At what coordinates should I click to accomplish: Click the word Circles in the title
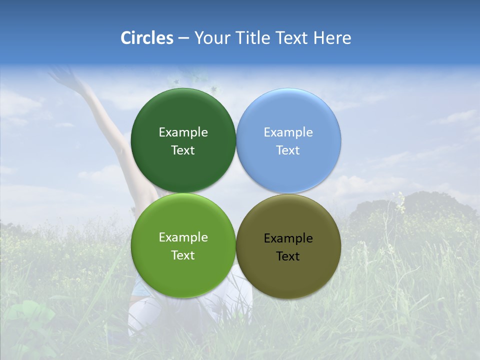coord(147,38)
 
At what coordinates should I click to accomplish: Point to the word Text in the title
coord(293,38)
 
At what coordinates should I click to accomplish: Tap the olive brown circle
coord(288,275)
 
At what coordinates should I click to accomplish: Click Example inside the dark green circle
coord(183,132)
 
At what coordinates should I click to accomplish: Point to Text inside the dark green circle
coord(183,150)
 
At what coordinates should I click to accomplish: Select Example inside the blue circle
coord(288,132)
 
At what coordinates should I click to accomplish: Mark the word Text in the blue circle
coord(288,150)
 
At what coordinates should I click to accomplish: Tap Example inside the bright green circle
coord(183,237)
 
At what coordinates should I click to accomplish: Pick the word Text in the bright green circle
coord(183,255)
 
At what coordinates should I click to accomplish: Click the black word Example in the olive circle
coord(288,238)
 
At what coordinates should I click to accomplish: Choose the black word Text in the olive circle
coord(288,256)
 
